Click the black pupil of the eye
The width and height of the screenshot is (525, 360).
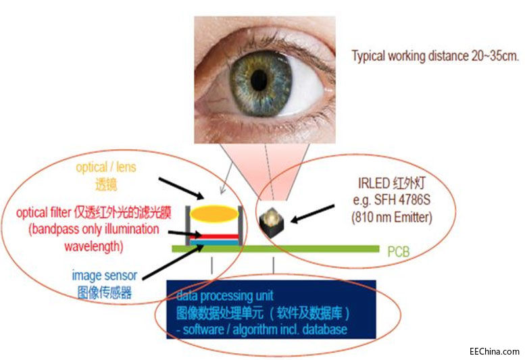tap(258, 80)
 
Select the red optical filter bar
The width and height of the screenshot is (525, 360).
tap(214, 236)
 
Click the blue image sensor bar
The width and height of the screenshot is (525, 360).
tap(214, 242)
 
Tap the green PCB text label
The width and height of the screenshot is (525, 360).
tap(398, 253)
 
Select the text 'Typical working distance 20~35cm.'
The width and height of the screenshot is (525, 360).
tap(435, 57)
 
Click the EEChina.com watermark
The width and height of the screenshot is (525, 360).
tap(495, 351)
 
